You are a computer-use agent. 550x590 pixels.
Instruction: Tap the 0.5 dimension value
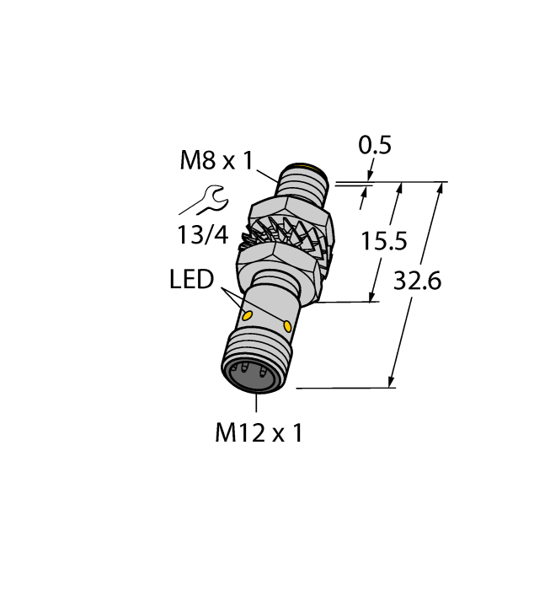375,146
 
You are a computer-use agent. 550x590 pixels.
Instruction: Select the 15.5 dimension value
384,242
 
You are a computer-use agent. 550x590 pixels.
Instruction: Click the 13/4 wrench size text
203,234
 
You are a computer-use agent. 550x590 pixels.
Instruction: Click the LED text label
191,280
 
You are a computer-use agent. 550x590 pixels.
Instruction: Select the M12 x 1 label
259,433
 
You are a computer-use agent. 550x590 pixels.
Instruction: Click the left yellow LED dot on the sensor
248,316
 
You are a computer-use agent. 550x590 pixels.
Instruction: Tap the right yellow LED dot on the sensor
288,326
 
